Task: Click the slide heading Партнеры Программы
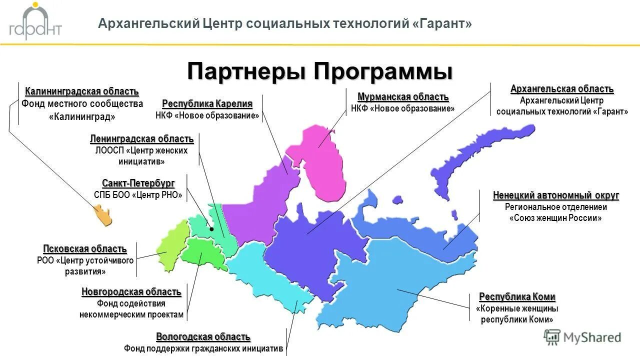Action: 320,71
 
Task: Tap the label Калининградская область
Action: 82,91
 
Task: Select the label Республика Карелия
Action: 207,103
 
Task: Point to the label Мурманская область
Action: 403,96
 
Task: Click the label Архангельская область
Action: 561,89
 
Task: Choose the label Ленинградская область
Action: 141,138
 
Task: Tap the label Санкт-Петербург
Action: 138,183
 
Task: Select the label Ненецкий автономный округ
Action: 556,195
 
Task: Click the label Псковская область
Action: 85,249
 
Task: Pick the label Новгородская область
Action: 131,292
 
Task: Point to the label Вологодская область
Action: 203,337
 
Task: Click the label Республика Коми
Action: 517,297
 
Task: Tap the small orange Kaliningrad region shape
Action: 103,216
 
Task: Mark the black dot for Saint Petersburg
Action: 212,229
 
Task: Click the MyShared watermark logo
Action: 582,337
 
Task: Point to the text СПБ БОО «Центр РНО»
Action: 138,195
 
